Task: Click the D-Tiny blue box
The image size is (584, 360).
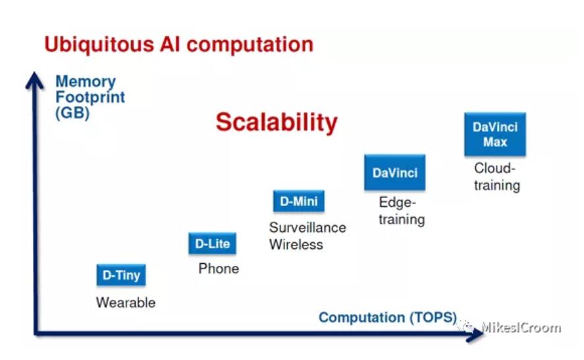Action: (121, 275)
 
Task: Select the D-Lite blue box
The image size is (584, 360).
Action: (212, 244)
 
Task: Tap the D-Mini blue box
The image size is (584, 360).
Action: (299, 201)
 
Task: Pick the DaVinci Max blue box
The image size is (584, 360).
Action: (495, 134)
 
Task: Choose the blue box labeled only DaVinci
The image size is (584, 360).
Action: (395, 172)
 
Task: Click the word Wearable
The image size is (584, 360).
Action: (126, 302)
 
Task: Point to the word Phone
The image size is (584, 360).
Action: (219, 269)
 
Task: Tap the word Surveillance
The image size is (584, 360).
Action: (307, 228)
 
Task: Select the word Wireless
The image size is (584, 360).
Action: (296, 245)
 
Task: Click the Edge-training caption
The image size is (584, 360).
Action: (402, 211)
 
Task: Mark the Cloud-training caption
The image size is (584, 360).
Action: (497, 177)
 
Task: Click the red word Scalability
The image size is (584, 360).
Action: (277, 122)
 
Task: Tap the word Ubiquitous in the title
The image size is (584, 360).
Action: (99, 45)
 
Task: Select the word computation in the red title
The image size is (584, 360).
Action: (250, 45)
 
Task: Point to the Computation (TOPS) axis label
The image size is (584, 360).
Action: (388, 317)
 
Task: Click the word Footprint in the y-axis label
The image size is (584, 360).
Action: (90, 97)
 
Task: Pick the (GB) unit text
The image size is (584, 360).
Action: (72, 113)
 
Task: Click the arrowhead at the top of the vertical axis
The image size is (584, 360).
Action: (35, 80)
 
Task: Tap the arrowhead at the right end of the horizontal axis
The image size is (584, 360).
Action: (475, 334)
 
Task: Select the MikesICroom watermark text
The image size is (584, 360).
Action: (521, 327)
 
